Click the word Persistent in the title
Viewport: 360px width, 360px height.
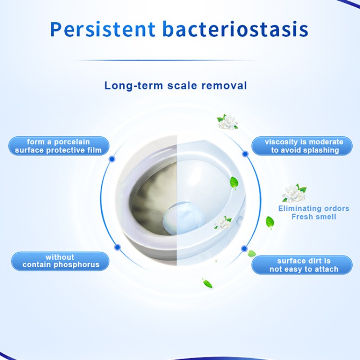coord(102,28)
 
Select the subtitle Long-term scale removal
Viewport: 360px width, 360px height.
coord(175,85)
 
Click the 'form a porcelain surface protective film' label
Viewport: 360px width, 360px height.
coord(58,146)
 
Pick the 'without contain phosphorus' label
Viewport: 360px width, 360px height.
coord(61,261)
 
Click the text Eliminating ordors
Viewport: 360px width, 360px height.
coord(314,208)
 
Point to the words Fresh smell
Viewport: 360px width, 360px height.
coord(314,217)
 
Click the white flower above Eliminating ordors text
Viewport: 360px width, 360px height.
coord(293,193)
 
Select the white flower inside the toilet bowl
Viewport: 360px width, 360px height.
coord(222,223)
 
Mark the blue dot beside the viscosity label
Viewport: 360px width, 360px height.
coord(245,153)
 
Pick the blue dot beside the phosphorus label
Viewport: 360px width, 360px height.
coord(117,247)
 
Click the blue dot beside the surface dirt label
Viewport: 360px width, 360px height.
coord(244,248)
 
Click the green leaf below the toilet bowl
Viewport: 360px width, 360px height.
coord(207,283)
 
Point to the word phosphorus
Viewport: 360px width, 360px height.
coord(77,265)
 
